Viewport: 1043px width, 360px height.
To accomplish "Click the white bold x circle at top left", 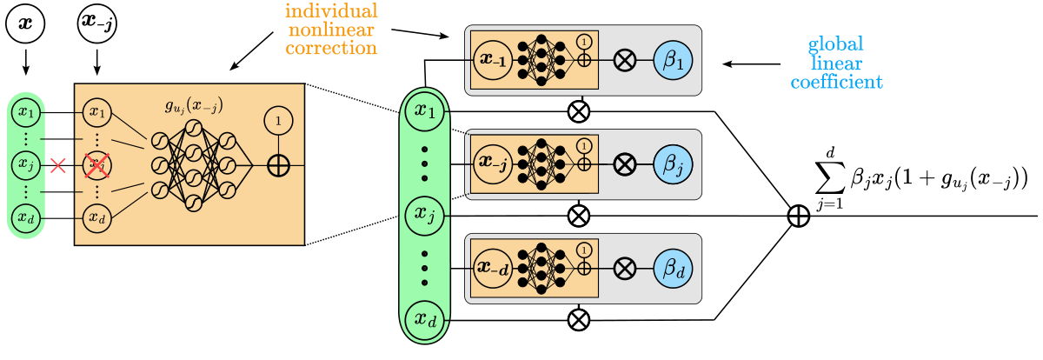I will point(24,22).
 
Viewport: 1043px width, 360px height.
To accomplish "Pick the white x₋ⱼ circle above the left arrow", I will point(96,22).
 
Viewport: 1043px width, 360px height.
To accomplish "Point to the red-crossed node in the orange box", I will point(96,164).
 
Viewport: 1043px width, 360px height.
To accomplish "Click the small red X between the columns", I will point(59,164).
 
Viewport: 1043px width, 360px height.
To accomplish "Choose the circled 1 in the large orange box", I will point(278,122).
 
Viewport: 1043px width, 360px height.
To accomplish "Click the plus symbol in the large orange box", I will point(278,164).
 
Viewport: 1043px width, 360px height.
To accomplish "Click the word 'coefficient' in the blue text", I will point(842,83).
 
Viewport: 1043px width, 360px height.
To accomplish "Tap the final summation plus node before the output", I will point(797,216).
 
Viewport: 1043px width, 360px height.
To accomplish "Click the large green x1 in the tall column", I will point(425,111).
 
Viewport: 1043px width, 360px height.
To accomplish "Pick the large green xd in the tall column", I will point(425,320).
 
